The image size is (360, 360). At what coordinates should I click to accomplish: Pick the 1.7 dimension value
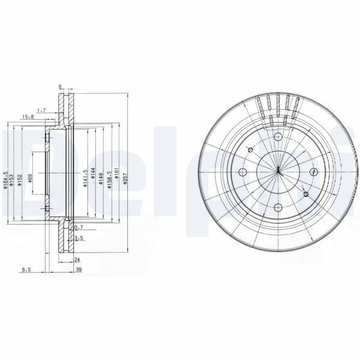coord(41,110)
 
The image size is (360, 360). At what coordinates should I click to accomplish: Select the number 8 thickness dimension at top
coord(61,87)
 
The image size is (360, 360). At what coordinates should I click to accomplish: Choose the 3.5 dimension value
coord(78,238)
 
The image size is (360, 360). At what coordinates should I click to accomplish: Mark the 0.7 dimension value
coord(77,227)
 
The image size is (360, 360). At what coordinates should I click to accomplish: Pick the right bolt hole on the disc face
coord(314,173)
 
